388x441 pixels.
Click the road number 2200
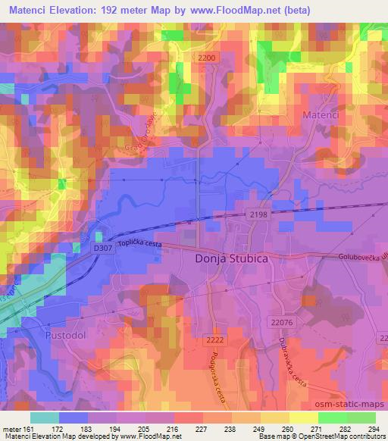click(205, 58)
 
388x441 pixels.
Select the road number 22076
click(281, 323)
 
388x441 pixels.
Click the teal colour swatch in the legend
click(45, 418)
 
